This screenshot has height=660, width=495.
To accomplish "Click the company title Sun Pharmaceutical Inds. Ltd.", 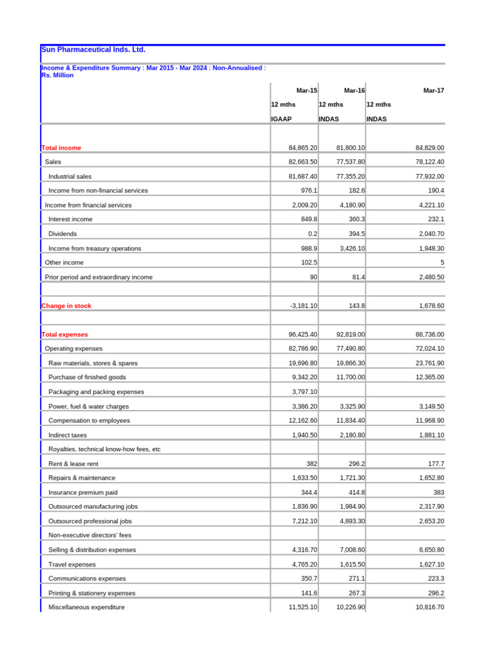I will click(x=93, y=50).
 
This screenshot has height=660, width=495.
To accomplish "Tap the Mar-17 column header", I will click(x=433, y=91).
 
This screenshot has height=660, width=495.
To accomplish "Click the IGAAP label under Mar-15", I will click(x=282, y=119).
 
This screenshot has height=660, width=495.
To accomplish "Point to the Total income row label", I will click(x=61, y=148).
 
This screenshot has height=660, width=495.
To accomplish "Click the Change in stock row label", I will click(x=66, y=306).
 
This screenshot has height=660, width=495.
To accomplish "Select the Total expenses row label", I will click(x=64, y=335).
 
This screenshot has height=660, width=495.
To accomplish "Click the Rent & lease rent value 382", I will click(x=311, y=464).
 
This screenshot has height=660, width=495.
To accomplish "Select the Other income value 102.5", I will click(x=309, y=263).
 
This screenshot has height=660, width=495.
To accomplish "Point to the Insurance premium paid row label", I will click(x=82, y=492).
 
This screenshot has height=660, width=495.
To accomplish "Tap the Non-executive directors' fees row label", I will click(x=90, y=536).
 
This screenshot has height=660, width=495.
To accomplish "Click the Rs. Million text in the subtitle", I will click(x=57, y=75).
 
